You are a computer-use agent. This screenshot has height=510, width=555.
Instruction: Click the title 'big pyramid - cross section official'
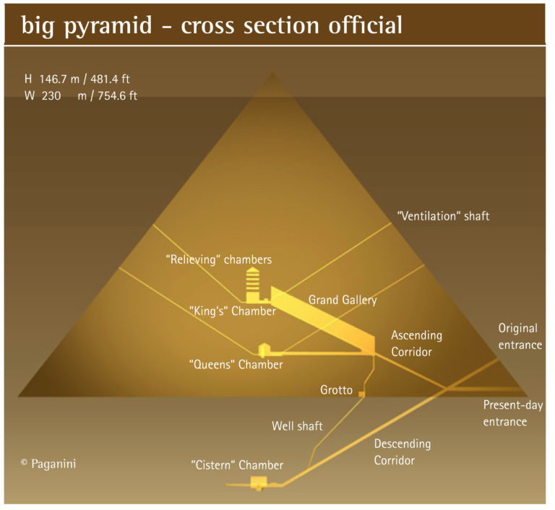click(212, 25)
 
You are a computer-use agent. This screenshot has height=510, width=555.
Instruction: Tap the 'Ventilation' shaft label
click(443, 215)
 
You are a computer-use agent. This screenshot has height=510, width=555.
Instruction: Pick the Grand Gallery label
click(343, 299)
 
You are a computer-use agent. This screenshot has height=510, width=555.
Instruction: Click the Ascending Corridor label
click(416, 344)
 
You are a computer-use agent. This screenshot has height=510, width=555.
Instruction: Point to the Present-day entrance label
click(512, 413)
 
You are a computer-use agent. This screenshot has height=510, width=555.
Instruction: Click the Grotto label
click(336, 390)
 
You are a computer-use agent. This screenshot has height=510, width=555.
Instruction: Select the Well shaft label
click(296, 425)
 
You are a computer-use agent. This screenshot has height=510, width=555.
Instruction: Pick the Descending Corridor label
click(402, 451)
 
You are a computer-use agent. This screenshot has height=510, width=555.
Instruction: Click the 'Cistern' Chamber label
click(237, 465)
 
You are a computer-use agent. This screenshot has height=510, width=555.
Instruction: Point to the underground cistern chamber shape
click(258, 483)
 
